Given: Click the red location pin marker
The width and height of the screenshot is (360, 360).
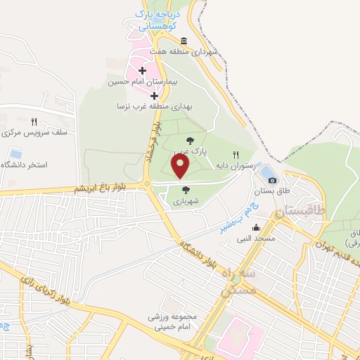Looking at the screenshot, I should pyautogui.click(x=181, y=167).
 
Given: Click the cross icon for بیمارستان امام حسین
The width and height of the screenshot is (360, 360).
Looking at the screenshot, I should pyautogui.click(x=143, y=70).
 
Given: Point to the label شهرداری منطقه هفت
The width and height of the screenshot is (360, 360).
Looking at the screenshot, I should pyautogui.click(x=190, y=51).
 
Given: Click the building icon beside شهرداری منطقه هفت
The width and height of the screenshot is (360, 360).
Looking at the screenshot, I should pyautogui.click(x=184, y=40).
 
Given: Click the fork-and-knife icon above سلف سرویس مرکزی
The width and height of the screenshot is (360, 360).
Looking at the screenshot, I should pyautogui.click(x=34, y=122).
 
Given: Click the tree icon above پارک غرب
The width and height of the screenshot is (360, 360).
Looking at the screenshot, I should pyautogui.click(x=188, y=141).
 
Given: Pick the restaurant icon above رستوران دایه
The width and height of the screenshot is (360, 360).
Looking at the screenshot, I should pyautogui.click(x=236, y=155).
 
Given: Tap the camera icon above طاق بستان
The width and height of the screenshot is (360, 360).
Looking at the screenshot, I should pyautogui.click(x=273, y=180).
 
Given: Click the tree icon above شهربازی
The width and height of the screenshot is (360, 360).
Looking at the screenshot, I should pyautogui.click(x=185, y=189).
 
